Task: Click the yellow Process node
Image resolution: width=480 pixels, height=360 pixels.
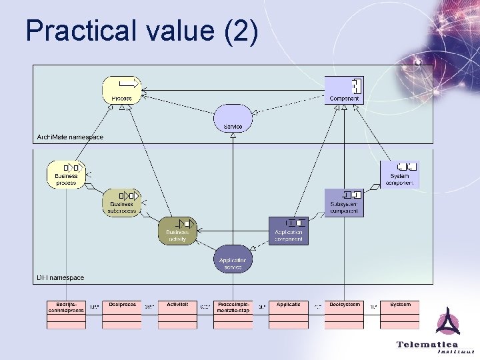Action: tap(122, 90)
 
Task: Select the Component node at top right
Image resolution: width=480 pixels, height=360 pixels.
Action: tap(344, 90)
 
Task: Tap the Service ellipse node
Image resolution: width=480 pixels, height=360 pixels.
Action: tap(233, 118)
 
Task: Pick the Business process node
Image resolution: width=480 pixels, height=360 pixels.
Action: tap(67, 175)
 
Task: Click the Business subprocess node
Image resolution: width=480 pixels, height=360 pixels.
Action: tap(122, 203)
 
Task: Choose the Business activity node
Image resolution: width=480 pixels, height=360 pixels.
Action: tap(177, 231)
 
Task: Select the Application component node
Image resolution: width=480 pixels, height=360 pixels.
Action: tap(289, 231)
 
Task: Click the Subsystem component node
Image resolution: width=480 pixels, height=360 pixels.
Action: tap(344, 203)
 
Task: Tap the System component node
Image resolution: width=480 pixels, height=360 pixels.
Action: tap(400, 175)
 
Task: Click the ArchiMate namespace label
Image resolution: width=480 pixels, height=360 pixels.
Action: tap(69, 137)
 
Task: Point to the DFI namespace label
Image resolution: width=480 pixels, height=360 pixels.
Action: tap(60, 277)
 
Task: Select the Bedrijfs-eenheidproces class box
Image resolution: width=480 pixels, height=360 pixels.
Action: tap(66, 315)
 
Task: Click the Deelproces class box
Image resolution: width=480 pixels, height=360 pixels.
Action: tap(122, 315)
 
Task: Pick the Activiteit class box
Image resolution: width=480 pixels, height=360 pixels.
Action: tap(177, 315)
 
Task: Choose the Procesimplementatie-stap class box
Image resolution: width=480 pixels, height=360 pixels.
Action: tap(233, 315)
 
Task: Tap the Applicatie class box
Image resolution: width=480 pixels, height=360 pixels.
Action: tap(289, 315)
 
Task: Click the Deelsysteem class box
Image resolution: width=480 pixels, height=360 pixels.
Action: tap(344, 315)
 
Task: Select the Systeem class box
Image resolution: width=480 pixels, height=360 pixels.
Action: tap(400, 315)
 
